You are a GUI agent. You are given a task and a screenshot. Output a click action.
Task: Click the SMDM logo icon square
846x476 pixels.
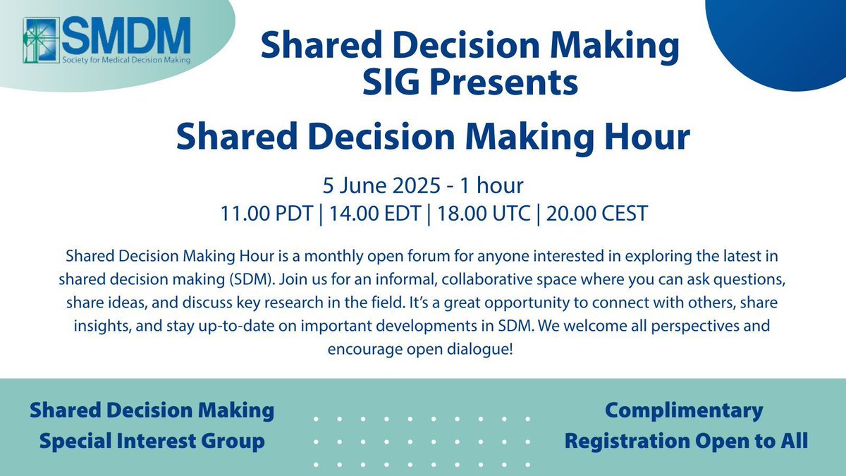(x=42, y=40)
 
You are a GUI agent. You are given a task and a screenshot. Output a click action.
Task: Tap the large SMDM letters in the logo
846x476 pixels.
(x=126, y=35)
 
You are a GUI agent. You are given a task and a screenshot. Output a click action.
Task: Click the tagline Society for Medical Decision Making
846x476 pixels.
(x=126, y=60)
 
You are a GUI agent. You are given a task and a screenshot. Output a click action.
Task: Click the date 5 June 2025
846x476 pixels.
(x=381, y=185)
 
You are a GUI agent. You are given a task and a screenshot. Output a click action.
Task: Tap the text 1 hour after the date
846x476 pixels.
(x=491, y=185)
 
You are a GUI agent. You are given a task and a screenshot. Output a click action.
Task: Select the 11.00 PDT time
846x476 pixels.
(x=266, y=214)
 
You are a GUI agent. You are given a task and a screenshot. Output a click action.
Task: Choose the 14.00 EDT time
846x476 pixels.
(x=375, y=214)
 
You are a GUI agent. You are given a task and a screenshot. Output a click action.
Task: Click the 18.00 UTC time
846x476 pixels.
(x=484, y=214)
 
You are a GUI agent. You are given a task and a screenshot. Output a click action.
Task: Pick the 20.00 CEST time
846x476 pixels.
(x=597, y=214)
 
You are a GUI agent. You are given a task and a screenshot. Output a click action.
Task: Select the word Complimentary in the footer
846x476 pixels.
(x=684, y=410)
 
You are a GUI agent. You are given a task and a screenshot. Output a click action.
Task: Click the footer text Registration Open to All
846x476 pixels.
(x=686, y=441)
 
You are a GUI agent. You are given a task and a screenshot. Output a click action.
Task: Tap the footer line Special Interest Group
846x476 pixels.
(x=152, y=441)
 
